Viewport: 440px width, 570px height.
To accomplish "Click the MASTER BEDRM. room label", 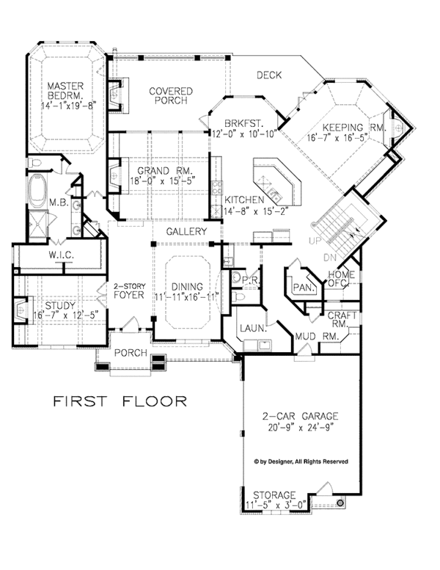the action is click(65, 91).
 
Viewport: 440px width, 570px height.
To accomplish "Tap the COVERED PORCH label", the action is click(171, 95).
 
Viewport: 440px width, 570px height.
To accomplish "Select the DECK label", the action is click(269, 75).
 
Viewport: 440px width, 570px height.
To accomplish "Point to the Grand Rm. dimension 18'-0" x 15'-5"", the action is click(163, 180).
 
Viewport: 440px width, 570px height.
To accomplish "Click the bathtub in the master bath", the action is click(38, 191).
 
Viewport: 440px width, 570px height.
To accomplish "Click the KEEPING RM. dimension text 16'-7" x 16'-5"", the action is click(338, 138).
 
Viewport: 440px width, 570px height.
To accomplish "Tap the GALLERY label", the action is click(186, 232).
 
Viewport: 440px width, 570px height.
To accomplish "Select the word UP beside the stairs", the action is click(315, 241).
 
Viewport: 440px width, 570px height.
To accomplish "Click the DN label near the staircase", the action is click(330, 257).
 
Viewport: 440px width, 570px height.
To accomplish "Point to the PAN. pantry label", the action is click(304, 288).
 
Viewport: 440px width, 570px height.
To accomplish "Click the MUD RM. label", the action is click(317, 337).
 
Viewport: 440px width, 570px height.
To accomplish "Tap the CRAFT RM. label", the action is click(342, 319).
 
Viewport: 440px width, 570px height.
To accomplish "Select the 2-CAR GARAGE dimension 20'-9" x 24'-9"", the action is click(301, 428).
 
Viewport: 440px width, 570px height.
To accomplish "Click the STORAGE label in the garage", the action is click(274, 495).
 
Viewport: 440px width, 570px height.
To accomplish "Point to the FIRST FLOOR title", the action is click(120, 401).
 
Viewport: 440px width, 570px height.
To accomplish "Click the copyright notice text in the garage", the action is click(301, 461).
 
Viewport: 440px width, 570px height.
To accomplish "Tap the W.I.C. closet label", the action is click(62, 255).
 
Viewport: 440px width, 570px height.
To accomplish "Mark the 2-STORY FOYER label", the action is click(129, 291).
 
